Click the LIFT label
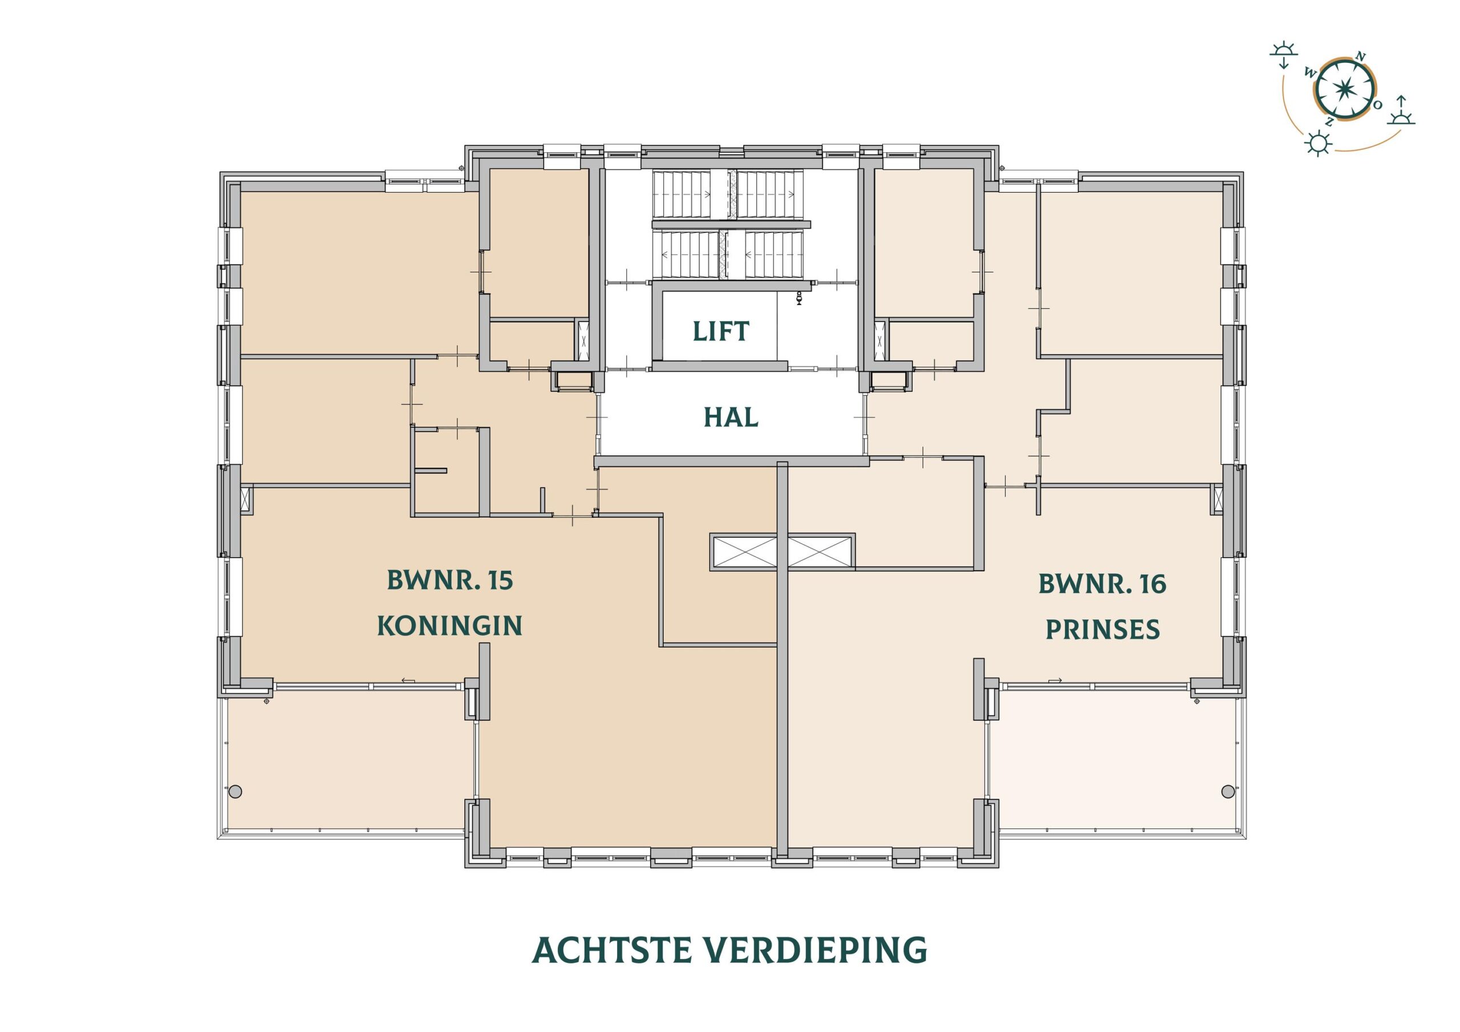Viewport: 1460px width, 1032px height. [x=720, y=331]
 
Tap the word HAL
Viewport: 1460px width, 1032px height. [x=731, y=417]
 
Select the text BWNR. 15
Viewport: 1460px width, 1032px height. [x=449, y=580]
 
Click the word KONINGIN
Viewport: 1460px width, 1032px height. [x=449, y=625]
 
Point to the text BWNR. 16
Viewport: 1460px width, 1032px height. [x=1102, y=584]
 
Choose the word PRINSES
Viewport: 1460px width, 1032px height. [x=1102, y=629]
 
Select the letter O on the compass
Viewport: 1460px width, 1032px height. [x=1377, y=105]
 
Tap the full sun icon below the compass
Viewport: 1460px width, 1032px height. [x=1318, y=144]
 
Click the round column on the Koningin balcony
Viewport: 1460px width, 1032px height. [x=236, y=791]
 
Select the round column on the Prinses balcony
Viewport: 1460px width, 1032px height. [x=1227, y=790]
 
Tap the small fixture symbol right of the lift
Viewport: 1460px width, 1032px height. [x=798, y=298]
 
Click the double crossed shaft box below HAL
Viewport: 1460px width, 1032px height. [x=782, y=551]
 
